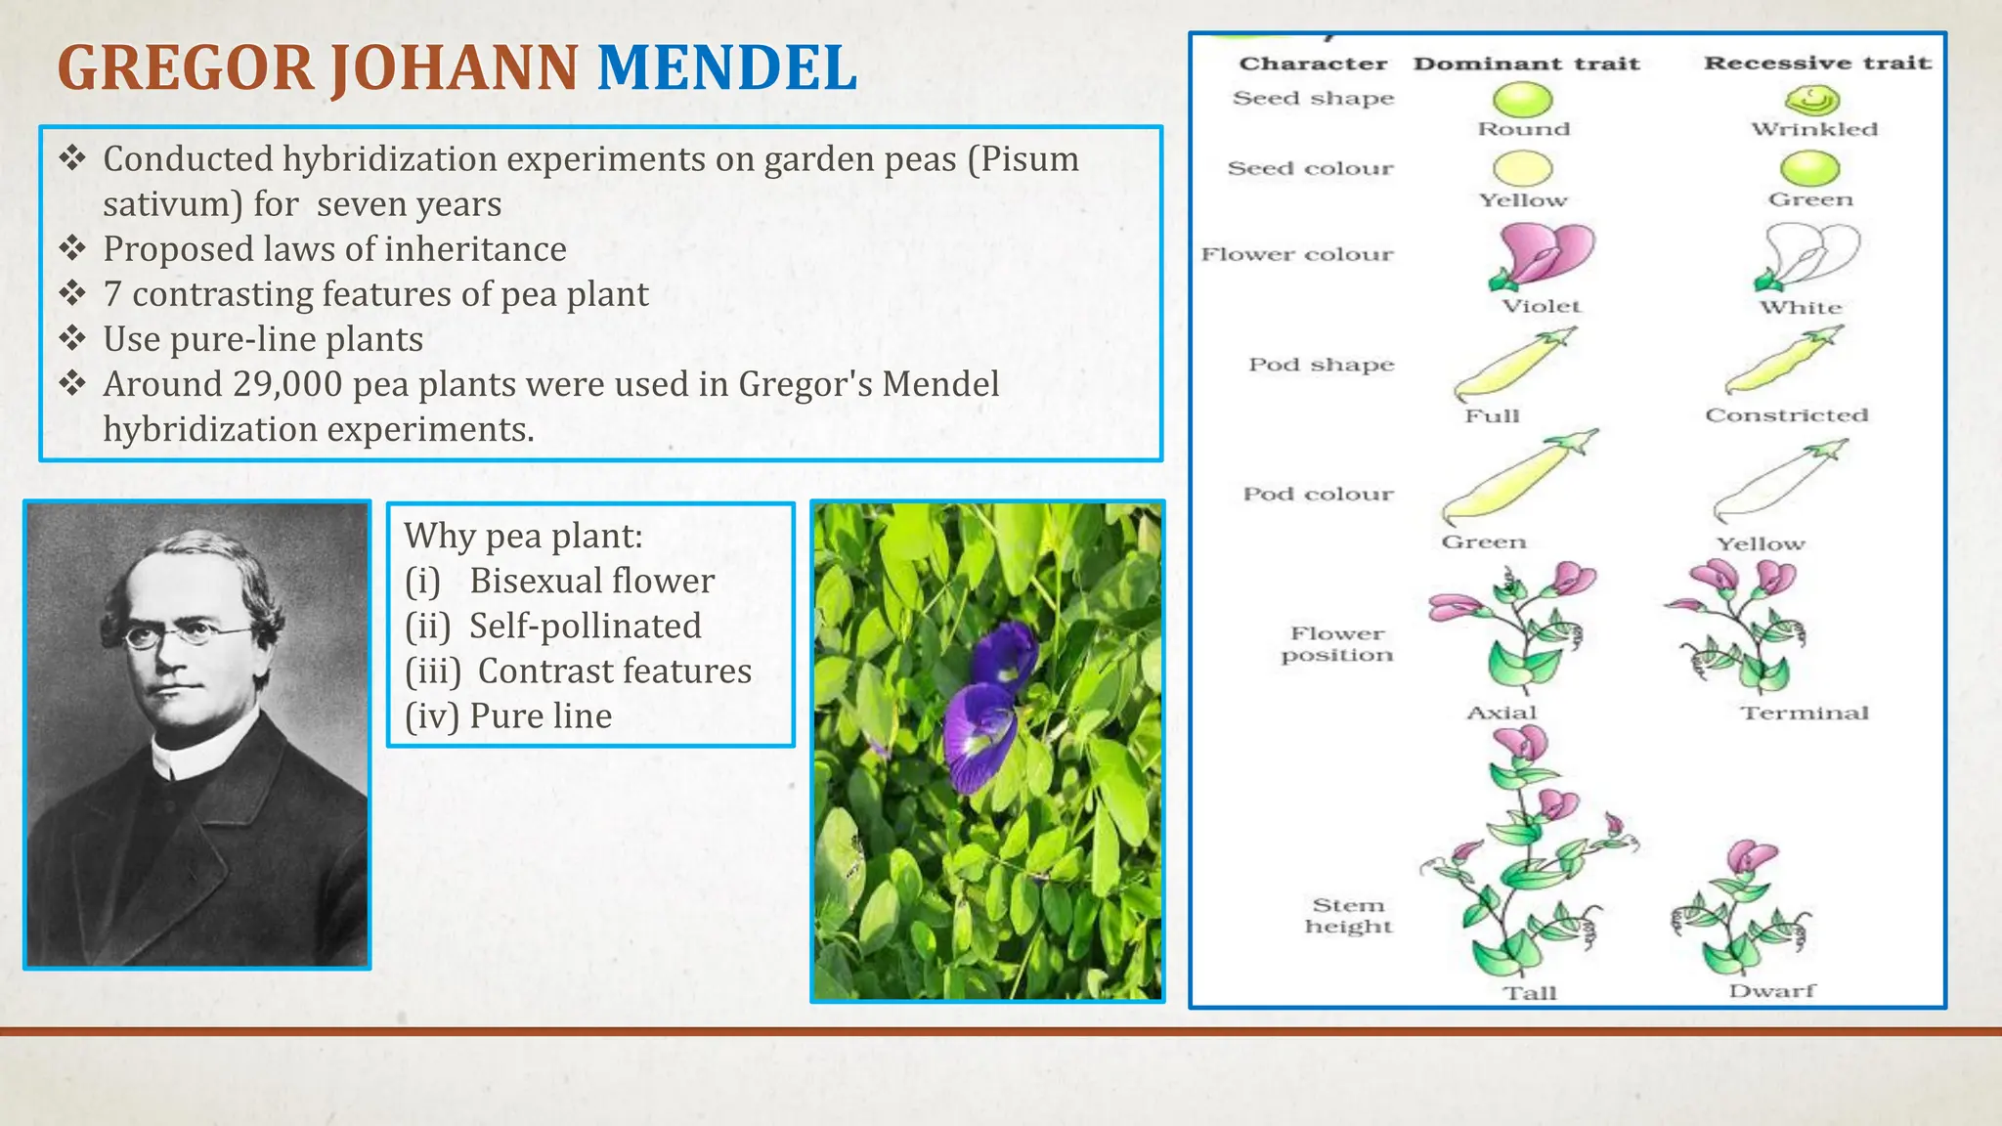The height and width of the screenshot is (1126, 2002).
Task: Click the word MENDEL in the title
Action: tap(726, 68)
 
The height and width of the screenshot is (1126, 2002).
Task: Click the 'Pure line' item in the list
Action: tap(540, 716)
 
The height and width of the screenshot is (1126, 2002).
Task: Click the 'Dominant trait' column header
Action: tap(1526, 64)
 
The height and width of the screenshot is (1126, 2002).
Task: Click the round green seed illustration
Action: tap(1522, 100)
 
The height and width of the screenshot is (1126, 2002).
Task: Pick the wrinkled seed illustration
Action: tap(1812, 100)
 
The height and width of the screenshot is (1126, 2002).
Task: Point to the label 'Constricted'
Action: tap(1786, 415)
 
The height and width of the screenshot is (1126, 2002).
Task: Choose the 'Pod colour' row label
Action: tap(1318, 495)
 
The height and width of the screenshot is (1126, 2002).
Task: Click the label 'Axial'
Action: tap(1501, 714)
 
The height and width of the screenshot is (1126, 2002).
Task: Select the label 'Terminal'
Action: tap(1804, 714)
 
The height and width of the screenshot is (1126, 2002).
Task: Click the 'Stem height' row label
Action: tap(1348, 916)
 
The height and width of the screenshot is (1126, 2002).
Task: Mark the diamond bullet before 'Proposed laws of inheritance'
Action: tap(72, 249)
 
